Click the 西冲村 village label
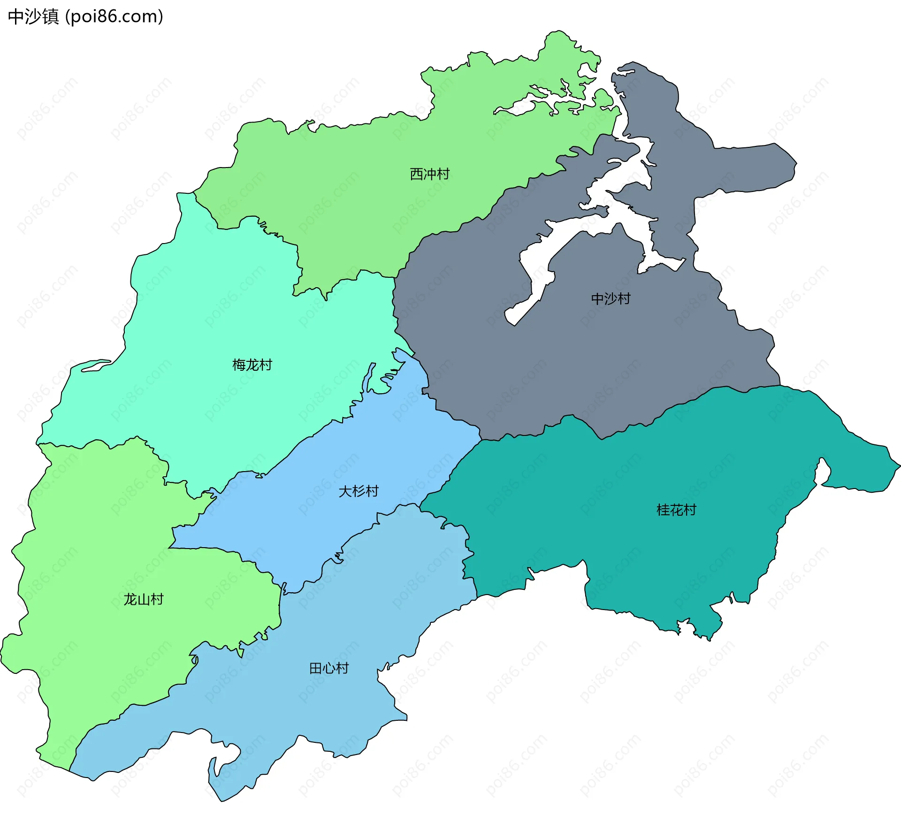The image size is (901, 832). [429, 174]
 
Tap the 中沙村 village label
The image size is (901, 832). [611, 298]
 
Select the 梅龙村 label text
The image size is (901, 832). [252, 365]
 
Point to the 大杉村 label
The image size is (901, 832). [359, 491]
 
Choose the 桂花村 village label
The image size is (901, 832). [676, 510]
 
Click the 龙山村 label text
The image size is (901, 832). [143, 599]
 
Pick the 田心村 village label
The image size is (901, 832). [329, 668]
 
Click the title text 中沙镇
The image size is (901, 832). [33, 16]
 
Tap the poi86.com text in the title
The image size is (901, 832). [114, 16]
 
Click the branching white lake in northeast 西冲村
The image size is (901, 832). [540, 101]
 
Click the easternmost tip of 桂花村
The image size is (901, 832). [899, 466]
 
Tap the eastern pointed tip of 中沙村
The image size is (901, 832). [796, 164]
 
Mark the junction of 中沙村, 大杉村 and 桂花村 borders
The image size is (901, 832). [481, 440]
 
